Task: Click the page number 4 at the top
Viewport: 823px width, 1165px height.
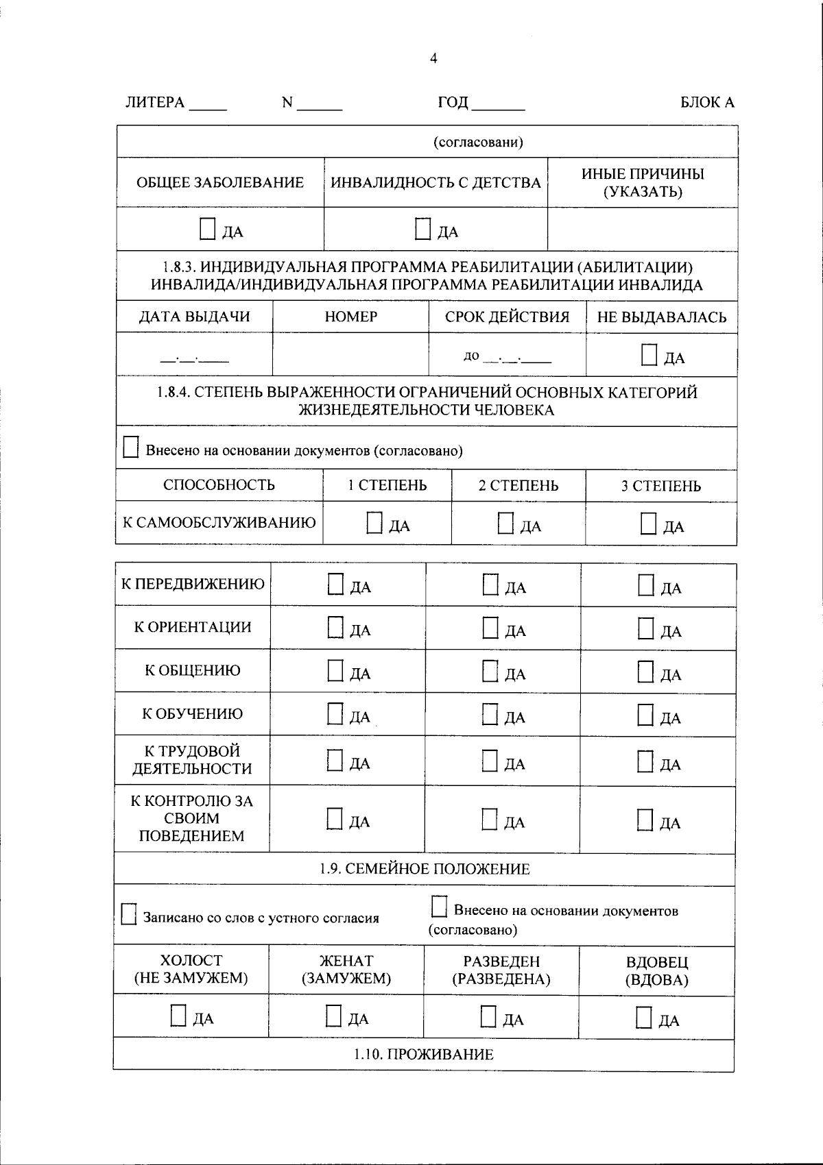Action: [433, 59]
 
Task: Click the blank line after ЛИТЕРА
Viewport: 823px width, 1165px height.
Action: [207, 105]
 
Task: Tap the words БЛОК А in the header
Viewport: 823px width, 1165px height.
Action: [707, 103]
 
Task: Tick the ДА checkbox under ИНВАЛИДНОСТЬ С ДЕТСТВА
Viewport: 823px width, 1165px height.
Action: [423, 229]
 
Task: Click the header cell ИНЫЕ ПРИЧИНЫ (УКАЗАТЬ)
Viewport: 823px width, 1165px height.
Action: [643, 183]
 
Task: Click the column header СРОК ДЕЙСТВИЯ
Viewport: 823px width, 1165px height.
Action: [507, 317]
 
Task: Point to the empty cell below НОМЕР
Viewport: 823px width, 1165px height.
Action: [350, 355]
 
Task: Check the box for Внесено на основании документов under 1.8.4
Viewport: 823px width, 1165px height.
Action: [130, 448]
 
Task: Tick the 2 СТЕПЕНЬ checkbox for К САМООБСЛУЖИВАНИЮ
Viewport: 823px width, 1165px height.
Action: [505, 524]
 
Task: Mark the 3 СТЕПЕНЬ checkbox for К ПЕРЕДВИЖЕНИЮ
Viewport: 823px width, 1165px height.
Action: [645, 585]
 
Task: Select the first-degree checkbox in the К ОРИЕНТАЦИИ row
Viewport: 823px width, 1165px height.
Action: [335, 628]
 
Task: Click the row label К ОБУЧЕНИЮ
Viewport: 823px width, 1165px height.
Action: [192, 714]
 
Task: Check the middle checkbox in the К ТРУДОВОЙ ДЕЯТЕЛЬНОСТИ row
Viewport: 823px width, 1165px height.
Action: [490, 761]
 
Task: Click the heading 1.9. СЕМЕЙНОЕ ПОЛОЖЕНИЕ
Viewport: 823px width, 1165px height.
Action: [425, 869]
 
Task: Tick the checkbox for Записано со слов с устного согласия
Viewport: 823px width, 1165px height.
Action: [128, 914]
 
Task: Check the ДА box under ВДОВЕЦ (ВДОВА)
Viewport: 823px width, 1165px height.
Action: [643, 1018]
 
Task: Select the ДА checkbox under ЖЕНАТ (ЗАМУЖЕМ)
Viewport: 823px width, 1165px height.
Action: [333, 1016]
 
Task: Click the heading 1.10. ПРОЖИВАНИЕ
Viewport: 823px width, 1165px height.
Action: [424, 1054]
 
